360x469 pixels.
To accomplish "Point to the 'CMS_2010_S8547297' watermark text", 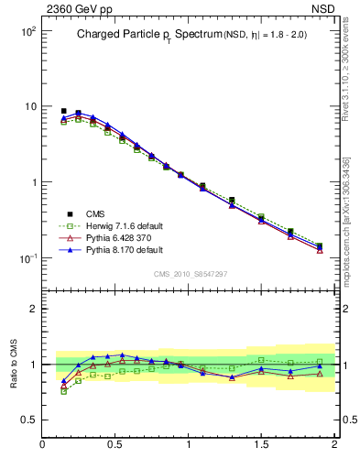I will coord(189,274).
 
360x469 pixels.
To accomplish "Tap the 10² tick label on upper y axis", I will coord(25,31).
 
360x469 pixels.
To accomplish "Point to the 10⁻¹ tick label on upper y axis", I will coord(25,258).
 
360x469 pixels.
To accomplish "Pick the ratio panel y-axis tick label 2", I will coord(32,310).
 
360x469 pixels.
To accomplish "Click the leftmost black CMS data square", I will coord(63,111).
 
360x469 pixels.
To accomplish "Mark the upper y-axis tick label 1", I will coord(32,182).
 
